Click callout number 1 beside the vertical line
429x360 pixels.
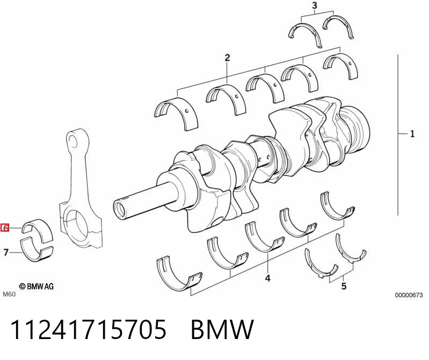pos(412,134)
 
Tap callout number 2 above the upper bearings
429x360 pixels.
pos(227,58)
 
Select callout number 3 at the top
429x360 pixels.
pos(315,5)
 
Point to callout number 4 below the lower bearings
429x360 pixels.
pos(267,278)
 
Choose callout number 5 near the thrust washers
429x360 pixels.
pos(344,286)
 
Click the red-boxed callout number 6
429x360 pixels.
pos(5,227)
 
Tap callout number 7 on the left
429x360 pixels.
pos(6,252)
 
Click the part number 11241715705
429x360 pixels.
pos(88,329)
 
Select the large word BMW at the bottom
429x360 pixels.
pos(222,329)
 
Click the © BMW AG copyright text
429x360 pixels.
pos(36,286)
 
